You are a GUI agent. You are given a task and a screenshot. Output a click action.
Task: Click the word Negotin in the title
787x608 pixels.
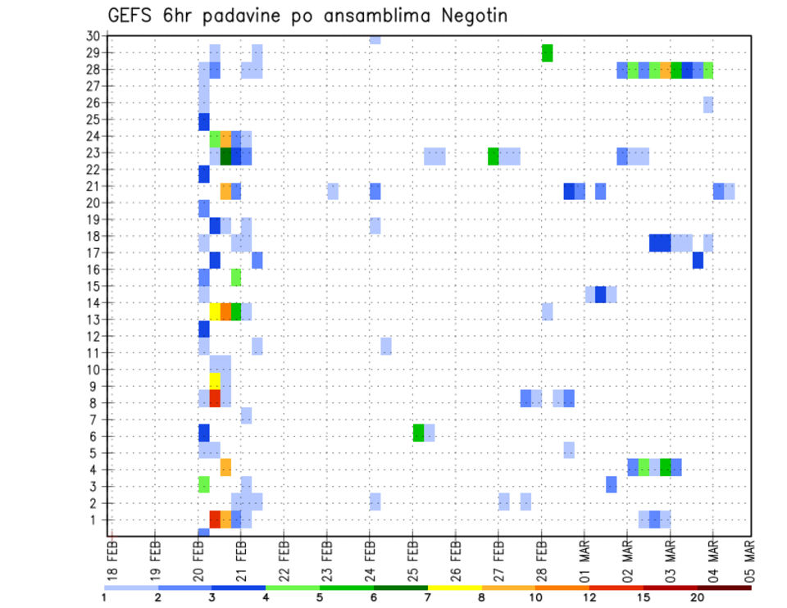470,16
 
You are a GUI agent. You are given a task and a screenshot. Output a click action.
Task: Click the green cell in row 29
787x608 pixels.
548,52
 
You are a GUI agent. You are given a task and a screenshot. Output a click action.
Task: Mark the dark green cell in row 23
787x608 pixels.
225,156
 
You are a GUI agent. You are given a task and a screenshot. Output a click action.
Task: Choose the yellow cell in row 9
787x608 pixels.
215,381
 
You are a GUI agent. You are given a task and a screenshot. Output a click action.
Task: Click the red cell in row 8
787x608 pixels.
215,398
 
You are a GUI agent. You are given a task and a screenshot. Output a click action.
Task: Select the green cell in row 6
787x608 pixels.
418,433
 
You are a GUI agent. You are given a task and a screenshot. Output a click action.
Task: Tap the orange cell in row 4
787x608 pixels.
225,467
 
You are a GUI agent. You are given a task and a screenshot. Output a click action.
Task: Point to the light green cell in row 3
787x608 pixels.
204,484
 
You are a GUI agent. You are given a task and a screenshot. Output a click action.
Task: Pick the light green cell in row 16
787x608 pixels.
236,277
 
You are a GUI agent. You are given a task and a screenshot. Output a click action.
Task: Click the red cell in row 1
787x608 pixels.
215,519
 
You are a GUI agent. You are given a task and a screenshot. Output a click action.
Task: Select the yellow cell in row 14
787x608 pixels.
215,311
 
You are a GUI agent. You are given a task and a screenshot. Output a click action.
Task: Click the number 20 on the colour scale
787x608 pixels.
698,597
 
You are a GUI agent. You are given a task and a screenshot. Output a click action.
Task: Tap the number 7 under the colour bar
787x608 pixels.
428,597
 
